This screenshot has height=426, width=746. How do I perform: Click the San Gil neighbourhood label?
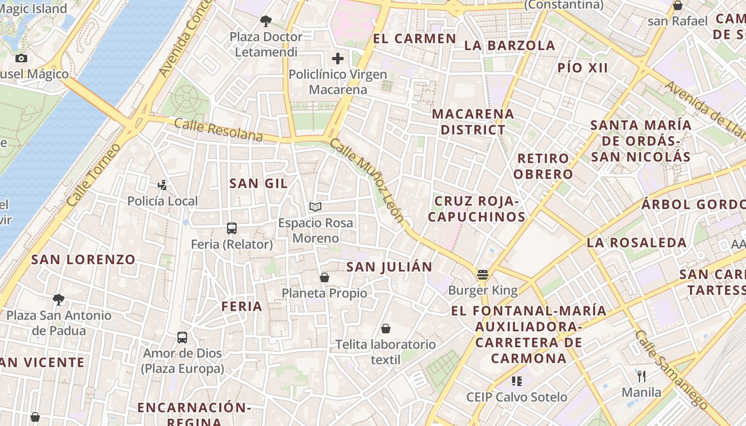pos(258,184)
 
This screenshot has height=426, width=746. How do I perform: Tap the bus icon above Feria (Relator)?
pos(232,228)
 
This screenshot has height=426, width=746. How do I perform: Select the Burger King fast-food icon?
pos(483,275)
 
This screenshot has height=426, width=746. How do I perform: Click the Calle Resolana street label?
pos(218,130)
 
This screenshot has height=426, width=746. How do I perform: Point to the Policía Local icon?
pos(163,185)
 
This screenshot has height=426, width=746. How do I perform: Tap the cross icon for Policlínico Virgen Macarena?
pos(338,59)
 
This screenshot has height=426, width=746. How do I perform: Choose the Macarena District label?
pos(473,121)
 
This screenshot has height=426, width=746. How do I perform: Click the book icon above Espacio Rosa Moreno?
pos(315,207)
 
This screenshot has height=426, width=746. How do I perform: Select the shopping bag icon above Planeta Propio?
pos(324,277)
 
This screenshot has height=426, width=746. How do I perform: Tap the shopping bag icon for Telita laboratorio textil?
pos(386,329)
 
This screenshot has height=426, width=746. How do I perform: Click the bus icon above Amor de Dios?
pos(182,337)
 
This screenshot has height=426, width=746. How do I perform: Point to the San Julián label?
pos(389,267)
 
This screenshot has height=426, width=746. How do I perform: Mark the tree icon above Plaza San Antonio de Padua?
pos(59,299)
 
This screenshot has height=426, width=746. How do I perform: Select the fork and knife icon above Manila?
pos(642,376)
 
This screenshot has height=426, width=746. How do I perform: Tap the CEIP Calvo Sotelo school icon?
pos(516,381)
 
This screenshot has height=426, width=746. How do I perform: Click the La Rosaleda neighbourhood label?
pos(637,243)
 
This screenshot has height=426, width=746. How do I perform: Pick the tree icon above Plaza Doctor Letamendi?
pos(266,21)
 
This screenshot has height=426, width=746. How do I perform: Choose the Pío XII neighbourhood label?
pos(583,68)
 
